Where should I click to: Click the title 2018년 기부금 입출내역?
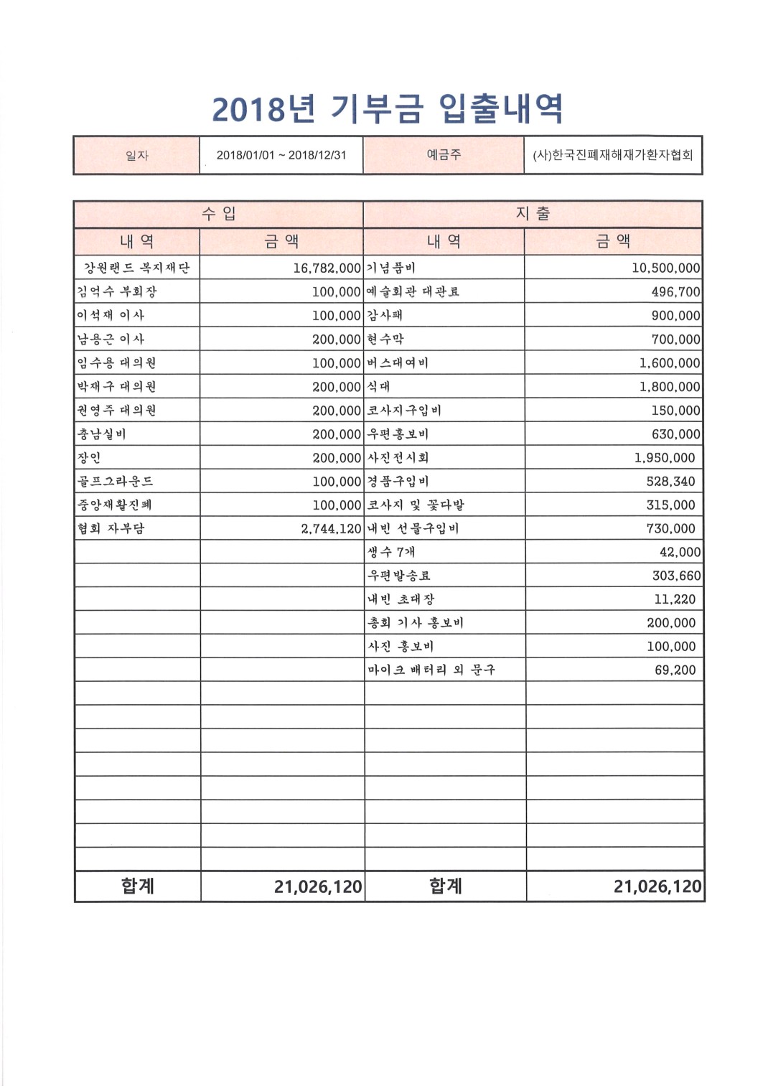[388, 108]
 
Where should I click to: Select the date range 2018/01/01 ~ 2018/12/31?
[281, 155]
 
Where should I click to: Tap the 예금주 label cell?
[444, 154]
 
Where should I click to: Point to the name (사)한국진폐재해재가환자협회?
[613, 155]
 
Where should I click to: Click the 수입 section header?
[219, 213]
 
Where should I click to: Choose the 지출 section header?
[533, 213]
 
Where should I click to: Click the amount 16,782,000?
[327, 268]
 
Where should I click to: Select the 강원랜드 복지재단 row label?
[136, 268]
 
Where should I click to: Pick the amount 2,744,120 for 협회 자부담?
[331, 529]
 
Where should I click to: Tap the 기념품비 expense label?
[391, 268]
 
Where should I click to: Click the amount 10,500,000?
[665, 268]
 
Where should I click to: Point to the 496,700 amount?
[675, 292]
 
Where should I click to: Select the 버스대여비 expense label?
[398, 362]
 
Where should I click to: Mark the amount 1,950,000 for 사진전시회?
[665, 458]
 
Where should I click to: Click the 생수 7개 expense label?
[391, 552]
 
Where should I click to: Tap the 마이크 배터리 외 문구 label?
[431, 670]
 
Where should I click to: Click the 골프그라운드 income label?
[115, 481]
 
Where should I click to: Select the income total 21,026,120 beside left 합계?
[318, 887]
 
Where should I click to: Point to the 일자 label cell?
[136, 155]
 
